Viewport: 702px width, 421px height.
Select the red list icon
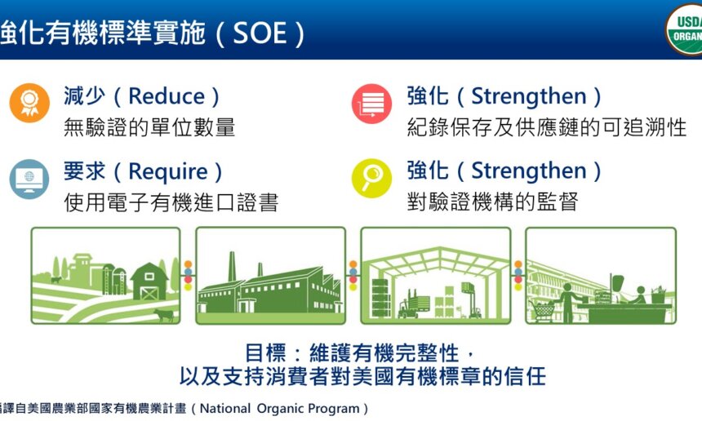pyautogui.click(x=371, y=104)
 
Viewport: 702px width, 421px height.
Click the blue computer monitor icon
pyautogui.click(x=29, y=179)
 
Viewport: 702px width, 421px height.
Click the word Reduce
pyautogui.click(x=167, y=96)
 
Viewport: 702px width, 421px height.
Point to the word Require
pyautogui.click(x=168, y=171)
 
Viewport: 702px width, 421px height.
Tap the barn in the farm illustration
pyautogui.click(x=149, y=280)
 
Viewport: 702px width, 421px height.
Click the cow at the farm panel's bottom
pyautogui.click(x=164, y=315)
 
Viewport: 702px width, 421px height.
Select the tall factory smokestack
pyautogui.click(x=232, y=267)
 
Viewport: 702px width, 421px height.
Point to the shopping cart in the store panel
pyautogui.click(x=543, y=308)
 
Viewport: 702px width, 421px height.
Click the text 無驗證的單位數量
pyautogui.click(x=149, y=127)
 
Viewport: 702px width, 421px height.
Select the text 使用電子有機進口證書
pyautogui.click(x=171, y=202)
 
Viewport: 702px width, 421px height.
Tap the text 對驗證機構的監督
pyautogui.click(x=492, y=202)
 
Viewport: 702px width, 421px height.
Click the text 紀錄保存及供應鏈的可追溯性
pyautogui.click(x=546, y=127)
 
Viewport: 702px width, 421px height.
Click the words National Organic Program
pyautogui.click(x=282, y=408)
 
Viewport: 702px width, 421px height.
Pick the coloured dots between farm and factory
pyautogui.click(x=188, y=276)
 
